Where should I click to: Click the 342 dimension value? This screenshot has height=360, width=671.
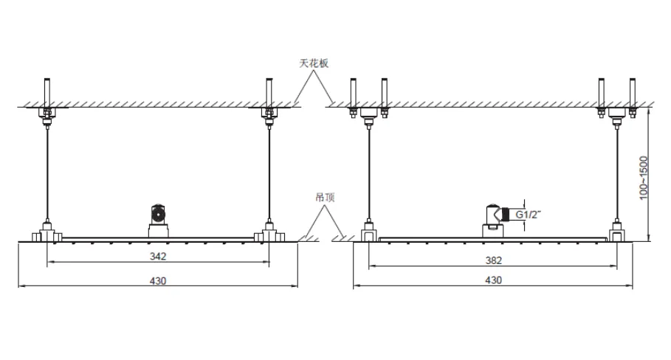coord(158,256)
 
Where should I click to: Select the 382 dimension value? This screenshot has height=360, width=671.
coord(493,260)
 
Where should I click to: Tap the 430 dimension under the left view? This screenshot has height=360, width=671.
coord(158,281)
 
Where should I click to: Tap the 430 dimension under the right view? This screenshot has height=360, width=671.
coord(493,280)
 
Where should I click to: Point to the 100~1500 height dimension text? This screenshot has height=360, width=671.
coord(644,178)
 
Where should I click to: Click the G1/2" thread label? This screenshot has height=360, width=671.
coord(528,214)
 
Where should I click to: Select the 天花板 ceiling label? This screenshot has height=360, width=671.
coord(314,63)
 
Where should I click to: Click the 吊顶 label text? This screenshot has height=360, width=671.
coord(325,197)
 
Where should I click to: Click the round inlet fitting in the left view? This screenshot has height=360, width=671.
coord(158,212)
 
